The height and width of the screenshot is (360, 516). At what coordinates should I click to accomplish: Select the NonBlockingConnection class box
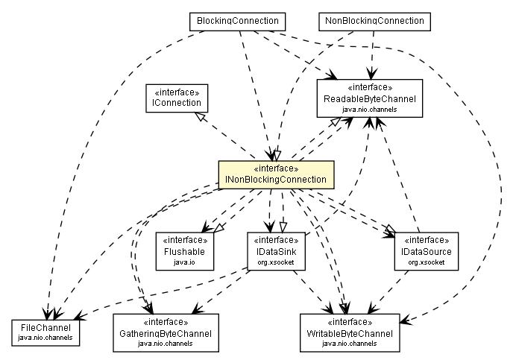[x=374, y=21]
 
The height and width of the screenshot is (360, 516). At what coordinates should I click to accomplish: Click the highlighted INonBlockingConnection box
[x=274, y=174]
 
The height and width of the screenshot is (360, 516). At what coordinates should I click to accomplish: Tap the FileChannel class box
[x=46, y=332]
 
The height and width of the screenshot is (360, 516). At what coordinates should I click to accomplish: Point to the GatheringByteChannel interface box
[x=163, y=332]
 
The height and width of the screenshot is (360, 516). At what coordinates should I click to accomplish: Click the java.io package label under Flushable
[x=185, y=262]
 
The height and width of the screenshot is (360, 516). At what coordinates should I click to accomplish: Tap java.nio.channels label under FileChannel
[x=46, y=338]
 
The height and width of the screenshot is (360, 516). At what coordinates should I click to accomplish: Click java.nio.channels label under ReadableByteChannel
[x=368, y=110]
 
